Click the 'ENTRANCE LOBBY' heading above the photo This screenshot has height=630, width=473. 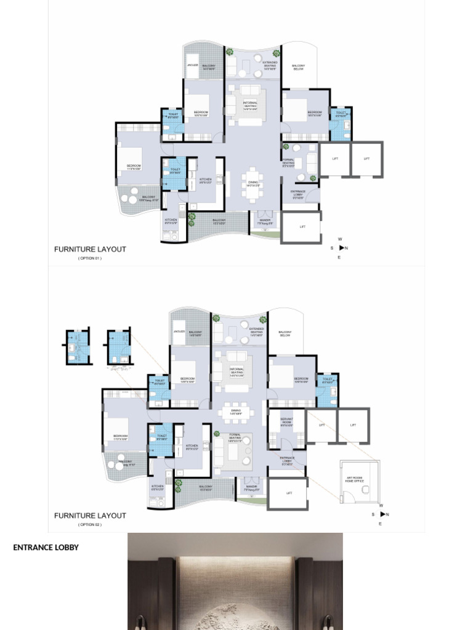click(x=46, y=547)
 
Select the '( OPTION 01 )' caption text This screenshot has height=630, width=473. click(x=90, y=258)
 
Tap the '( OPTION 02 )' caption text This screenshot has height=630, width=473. click(x=90, y=525)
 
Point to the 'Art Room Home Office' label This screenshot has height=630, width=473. click(x=354, y=480)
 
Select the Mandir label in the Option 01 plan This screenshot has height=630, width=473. click(x=265, y=221)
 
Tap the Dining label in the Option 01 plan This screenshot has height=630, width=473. click(x=253, y=183)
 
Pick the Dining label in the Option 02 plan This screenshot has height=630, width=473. click(x=235, y=412)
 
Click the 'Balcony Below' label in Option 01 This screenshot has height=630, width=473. click(x=298, y=67)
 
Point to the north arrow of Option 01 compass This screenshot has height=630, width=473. click(x=342, y=248)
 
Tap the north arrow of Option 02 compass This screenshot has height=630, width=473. click(x=382, y=514)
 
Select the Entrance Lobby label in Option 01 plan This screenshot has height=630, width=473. click(x=297, y=194)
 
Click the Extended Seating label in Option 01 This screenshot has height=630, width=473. click(x=270, y=65)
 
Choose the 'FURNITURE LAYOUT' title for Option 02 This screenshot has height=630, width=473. click(x=90, y=516)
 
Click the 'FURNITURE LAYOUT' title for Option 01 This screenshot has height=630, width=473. click(x=90, y=249)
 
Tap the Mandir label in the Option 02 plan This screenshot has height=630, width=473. click(x=251, y=487)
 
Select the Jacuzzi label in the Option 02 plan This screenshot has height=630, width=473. click(x=179, y=332)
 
